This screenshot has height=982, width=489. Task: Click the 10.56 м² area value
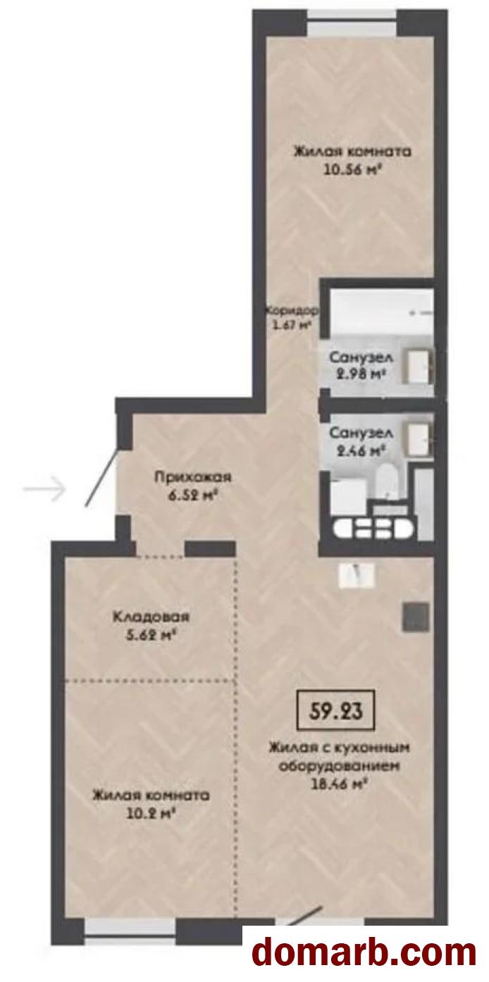tap(351, 170)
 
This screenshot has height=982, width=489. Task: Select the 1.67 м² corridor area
tap(292, 326)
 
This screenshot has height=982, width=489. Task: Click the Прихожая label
tap(192, 477)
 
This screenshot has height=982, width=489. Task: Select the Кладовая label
tap(151, 617)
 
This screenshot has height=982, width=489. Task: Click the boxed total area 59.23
tap(336, 710)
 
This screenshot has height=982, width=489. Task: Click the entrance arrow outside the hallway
tap(44, 488)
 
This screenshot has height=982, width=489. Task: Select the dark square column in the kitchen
tap(416, 617)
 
